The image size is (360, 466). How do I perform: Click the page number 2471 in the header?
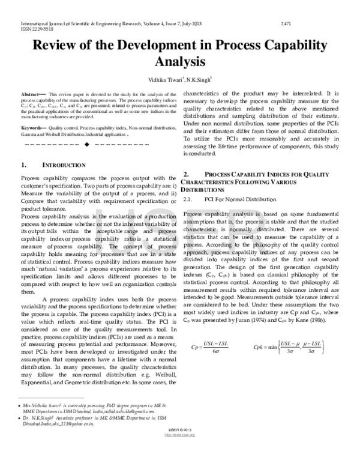click(x=286, y=22)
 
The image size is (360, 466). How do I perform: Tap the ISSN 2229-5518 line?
click(x=29, y=28)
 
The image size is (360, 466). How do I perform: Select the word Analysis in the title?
click(x=180, y=62)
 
